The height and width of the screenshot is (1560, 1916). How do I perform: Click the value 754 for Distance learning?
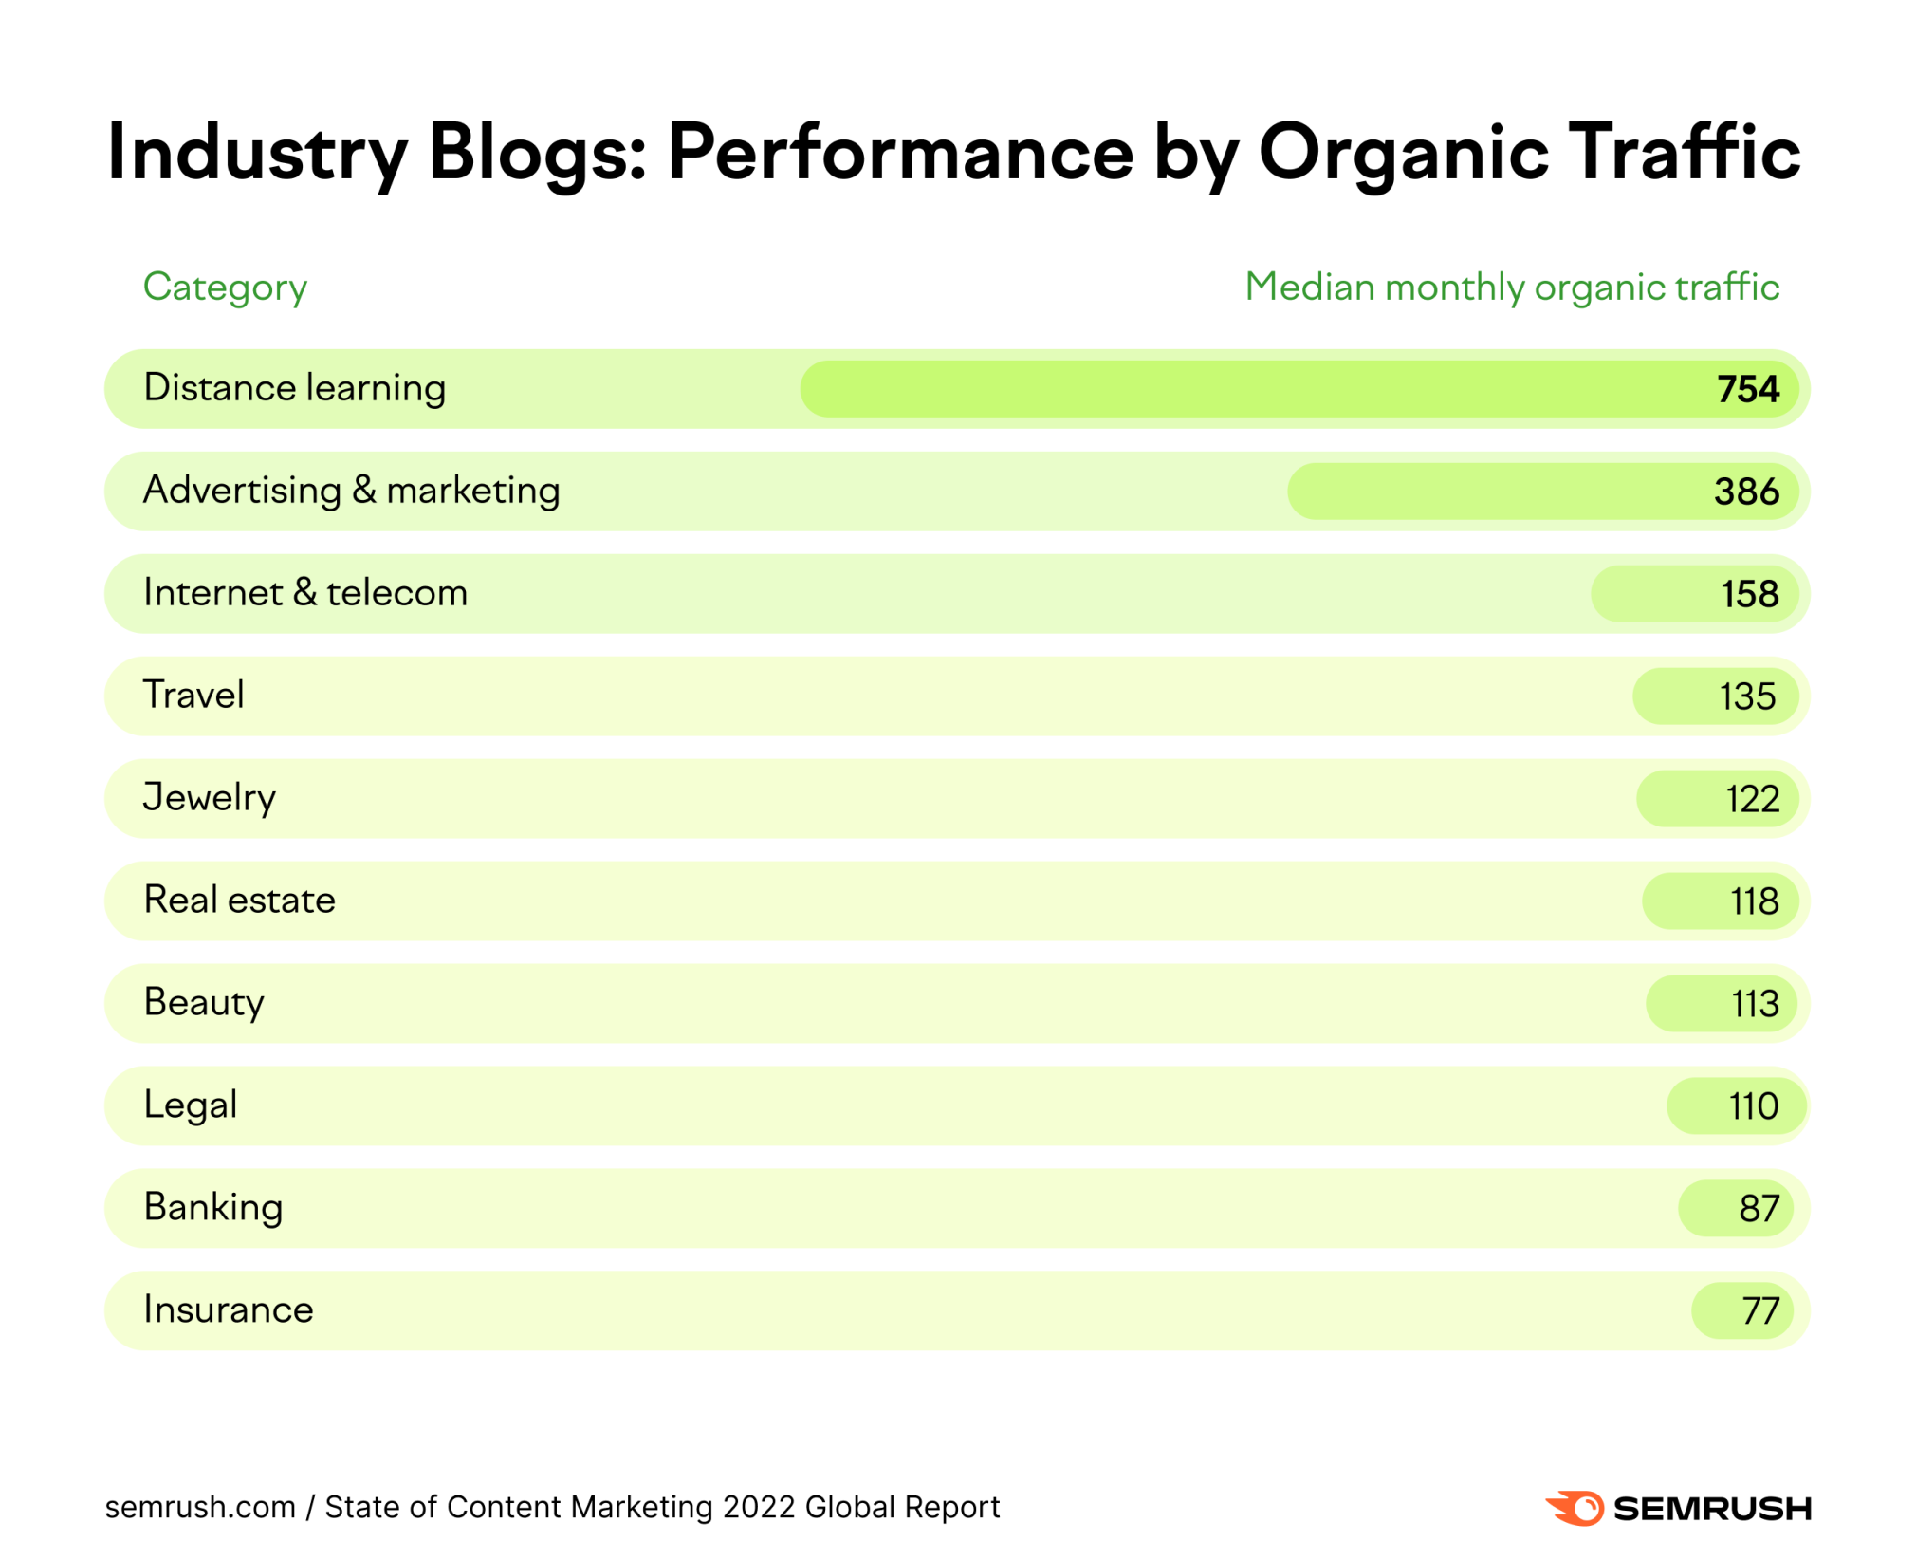click(x=1747, y=389)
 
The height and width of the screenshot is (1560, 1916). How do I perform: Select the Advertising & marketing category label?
click(x=351, y=491)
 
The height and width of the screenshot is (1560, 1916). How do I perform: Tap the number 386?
click(x=1745, y=492)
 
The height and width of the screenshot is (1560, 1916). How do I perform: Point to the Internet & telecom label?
click(x=304, y=593)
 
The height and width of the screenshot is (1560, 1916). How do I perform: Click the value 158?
click(x=1749, y=594)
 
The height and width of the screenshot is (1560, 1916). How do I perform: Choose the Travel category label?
click(x=193, y=695)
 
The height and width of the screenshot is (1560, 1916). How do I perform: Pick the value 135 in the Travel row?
click(x=1746, y=696)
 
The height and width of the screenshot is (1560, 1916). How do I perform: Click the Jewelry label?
click(x=209, y=798)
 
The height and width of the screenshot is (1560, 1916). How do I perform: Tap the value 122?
click(x=1751, y=799)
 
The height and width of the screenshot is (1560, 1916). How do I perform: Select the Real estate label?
click(x=239, y=900)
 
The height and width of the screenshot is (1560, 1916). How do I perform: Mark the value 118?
click(x=1754, y=901)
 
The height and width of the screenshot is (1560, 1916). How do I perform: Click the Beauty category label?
click(x=203, y=1003)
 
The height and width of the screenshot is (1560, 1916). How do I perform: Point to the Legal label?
click(x=190, y=1105)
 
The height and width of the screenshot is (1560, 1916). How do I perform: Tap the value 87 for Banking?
click(x=1758, y=1209)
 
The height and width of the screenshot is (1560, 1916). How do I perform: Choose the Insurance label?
click(x=228, y=1310)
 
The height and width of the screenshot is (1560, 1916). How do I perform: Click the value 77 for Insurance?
click(x=1759, y=1311)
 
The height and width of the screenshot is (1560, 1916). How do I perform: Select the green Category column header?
click(x=225, y=287)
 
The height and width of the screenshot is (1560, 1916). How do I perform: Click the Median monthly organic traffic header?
click(x=1511, y=287)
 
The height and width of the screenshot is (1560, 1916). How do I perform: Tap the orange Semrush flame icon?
click(x=1575, y=1508)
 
